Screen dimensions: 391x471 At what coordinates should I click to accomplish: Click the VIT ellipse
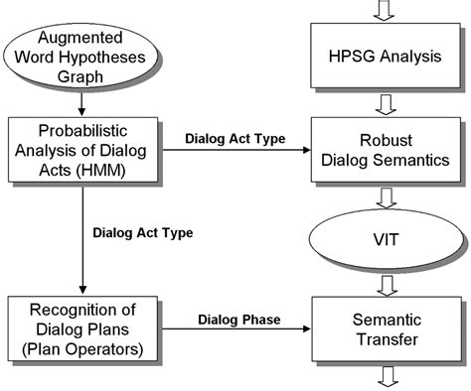(384, 237)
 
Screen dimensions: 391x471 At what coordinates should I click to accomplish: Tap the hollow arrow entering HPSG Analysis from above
(384, 10)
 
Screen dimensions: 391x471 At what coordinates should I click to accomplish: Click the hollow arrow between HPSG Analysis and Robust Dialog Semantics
(384, 100)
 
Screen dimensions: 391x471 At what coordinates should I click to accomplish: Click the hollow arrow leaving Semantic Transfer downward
(384, 376)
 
